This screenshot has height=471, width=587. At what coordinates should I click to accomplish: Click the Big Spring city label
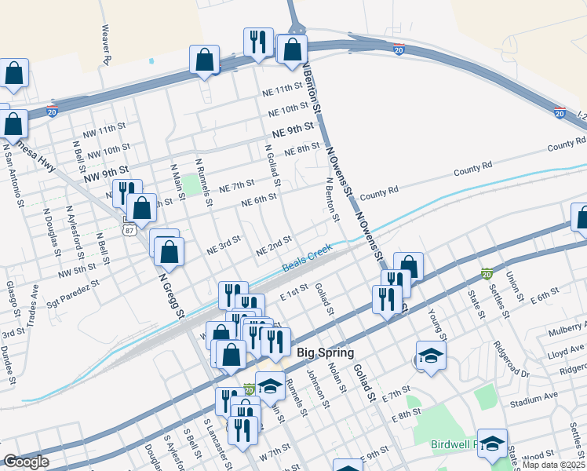tap(325, 353)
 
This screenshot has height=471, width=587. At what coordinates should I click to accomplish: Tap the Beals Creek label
tap(308, 260)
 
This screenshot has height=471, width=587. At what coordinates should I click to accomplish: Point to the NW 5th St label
tap(76, 272)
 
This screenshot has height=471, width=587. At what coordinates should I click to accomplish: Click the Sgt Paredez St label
tap(73, 283)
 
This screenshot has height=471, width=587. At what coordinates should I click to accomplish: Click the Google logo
tap(26, 462)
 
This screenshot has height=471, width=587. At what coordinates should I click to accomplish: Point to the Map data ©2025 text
tap(552, 465)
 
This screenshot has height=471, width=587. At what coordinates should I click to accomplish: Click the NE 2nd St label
tap(274, 246)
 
